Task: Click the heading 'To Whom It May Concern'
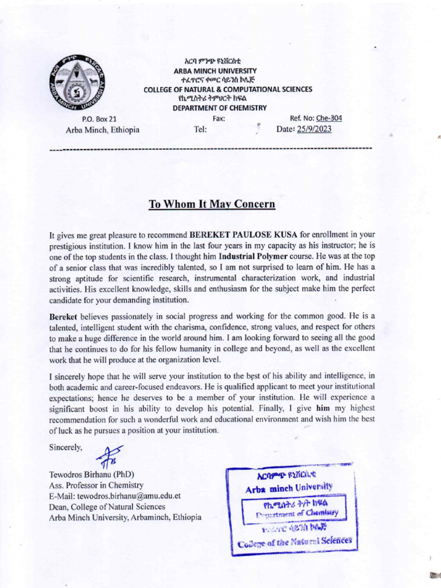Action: tap(212, 204)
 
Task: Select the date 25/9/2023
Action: tap(314, 130)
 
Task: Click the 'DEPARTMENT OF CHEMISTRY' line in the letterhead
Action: tap(220, 108)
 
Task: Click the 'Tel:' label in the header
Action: tap(200, 130)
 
